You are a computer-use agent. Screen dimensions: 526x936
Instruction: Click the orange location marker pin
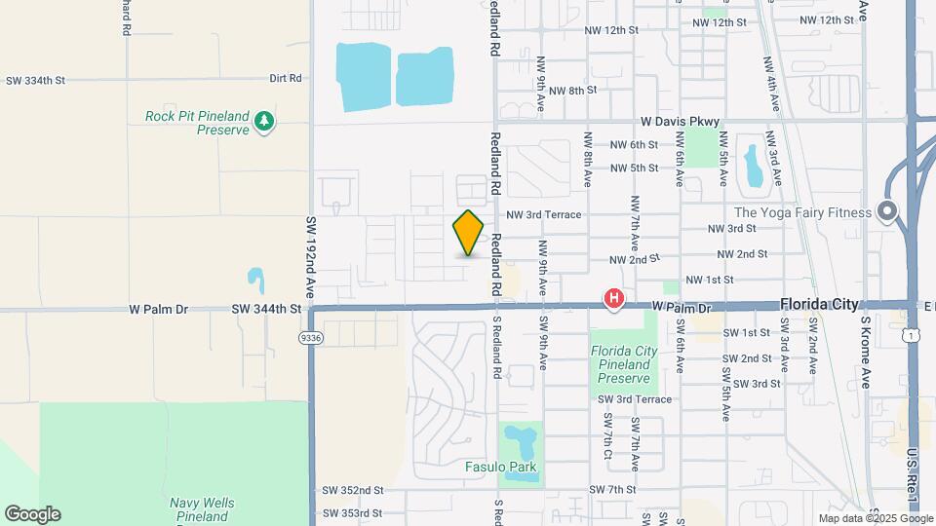point(469,233)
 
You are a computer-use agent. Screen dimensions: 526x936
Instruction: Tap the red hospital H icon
point(614,298)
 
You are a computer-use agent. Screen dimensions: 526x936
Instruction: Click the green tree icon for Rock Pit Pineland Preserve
point(263,122)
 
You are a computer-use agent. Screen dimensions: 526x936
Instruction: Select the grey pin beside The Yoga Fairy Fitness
point(886,211)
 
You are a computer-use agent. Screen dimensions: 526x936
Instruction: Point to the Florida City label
point(819,305)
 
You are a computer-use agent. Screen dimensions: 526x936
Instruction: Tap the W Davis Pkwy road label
point(680,122)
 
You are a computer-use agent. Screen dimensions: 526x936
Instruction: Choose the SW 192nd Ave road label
point(311,257)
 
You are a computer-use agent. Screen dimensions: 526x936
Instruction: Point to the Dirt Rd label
point(286,78)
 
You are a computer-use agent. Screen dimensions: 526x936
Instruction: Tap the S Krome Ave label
point(864,351)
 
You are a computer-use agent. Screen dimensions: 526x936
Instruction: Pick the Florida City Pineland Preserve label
point(620,363)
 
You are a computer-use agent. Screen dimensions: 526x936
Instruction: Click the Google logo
point(32,514)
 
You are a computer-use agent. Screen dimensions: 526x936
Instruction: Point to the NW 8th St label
point(572,91)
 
